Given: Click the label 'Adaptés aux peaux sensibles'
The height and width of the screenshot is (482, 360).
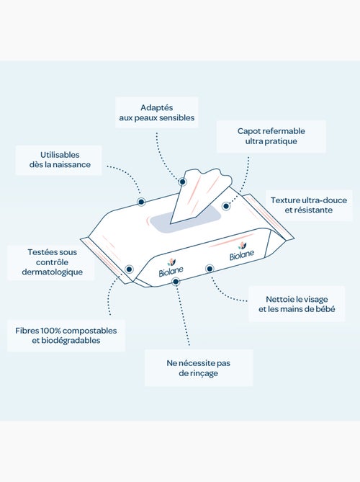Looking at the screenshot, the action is click(157, 112).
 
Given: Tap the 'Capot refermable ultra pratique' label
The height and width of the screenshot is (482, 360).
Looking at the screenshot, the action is click(271, 136).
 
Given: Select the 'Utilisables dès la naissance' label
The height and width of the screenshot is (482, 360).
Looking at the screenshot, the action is click(60, 159).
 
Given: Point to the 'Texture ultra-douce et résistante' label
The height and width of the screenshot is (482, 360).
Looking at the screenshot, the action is click(308, 205).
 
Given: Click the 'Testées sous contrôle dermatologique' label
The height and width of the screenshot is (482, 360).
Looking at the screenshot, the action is click(52, 262).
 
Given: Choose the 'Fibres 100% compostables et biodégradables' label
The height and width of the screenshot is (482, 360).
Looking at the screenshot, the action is click(66, 335).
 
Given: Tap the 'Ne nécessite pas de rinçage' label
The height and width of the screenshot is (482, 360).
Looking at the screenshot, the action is click(199, 368).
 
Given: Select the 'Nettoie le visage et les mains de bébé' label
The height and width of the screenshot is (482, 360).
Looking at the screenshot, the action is click(297, 304).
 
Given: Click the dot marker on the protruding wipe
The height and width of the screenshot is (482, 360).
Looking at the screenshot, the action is click(182, 182).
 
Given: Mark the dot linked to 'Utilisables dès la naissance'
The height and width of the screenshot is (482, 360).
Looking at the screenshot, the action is click(141, 202).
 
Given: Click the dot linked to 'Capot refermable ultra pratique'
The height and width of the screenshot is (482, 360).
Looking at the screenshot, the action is click(226, 206).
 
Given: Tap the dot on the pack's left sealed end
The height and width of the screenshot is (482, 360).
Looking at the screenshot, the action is click(129, 269).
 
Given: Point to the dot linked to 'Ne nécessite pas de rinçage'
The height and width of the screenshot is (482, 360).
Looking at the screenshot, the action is click(176, 281).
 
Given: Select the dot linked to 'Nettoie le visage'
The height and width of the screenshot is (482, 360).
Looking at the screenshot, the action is click(210, 269).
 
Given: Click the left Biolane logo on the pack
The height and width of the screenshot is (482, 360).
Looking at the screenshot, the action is click(171, 268).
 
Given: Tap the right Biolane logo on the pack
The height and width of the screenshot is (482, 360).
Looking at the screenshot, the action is click(242, 251).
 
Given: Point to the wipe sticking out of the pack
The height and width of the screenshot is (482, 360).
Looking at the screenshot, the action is click(199, 194).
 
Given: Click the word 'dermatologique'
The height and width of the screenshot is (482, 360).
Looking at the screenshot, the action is click(53, 272).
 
